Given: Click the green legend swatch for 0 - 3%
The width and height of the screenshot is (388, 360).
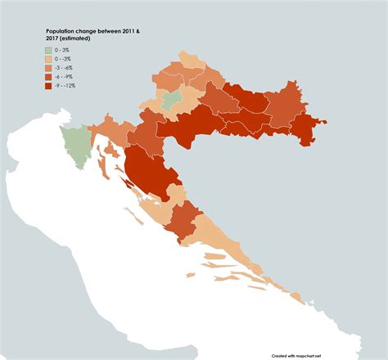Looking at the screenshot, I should [49, 51].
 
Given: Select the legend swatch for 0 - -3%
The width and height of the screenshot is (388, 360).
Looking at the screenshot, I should [49, 60].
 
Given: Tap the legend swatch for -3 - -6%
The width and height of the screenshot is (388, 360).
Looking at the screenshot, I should [49, 69].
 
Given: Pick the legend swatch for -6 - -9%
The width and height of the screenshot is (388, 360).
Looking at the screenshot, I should [49, 77].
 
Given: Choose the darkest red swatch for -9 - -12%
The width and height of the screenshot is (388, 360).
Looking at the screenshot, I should [49, 86].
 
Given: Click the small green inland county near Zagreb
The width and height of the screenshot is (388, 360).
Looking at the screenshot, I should [171, 100].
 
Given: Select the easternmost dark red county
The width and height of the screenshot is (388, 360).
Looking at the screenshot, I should [307, 130].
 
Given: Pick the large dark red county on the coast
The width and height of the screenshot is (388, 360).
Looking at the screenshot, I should [148, 173].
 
